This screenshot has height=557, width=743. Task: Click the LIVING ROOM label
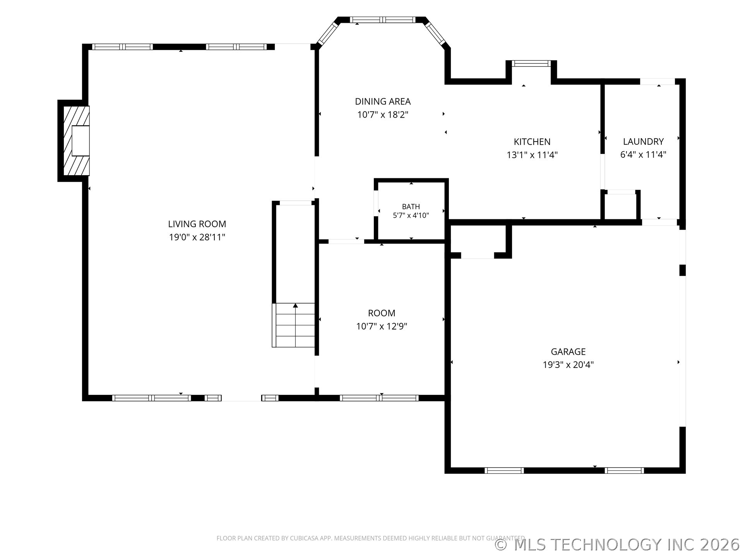pos(197,224)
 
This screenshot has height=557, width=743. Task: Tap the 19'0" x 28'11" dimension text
pos(197,237)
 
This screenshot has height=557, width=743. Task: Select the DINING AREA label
pos(383,101)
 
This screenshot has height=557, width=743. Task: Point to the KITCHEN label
pos(532,142)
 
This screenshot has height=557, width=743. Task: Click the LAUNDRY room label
pos(643,142)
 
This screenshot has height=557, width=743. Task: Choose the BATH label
pos(411,207)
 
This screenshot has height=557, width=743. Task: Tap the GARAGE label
pos(568,352)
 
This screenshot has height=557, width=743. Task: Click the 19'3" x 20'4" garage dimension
pos(568,365)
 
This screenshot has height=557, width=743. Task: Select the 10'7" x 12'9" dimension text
pos(382,326)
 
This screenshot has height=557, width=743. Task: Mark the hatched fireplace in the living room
pos(77,140)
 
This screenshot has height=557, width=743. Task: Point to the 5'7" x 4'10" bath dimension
pos(411,215)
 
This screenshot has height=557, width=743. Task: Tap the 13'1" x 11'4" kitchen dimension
pos(532,155)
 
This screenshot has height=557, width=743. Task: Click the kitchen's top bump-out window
pos(531,63)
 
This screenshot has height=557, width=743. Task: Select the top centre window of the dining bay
pos(383,20)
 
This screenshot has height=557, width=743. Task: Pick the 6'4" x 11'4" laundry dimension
pos(643,155)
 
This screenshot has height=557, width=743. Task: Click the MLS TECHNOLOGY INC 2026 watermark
pos(617,545)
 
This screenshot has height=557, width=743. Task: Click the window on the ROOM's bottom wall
pos(379,398)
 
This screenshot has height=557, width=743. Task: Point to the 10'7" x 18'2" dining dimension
pos(383,115)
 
